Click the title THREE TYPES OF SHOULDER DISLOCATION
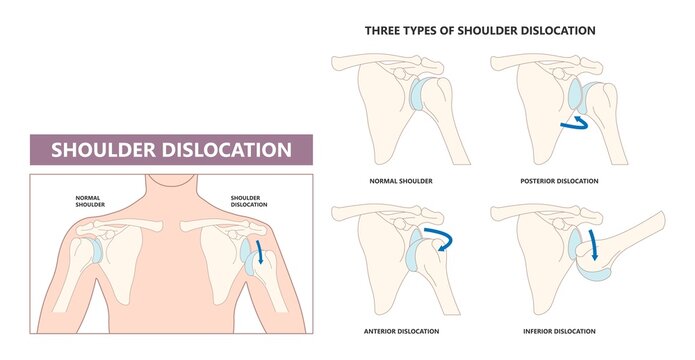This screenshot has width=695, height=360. (x=480, y=31)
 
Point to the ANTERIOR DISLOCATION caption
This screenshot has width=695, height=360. (x=399, y=331)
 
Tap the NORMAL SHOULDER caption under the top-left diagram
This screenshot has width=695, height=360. (x=399, y=181)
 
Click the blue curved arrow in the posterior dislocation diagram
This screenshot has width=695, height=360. (x=574, y=123)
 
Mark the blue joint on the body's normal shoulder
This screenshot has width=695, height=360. (x=91, y=249)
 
